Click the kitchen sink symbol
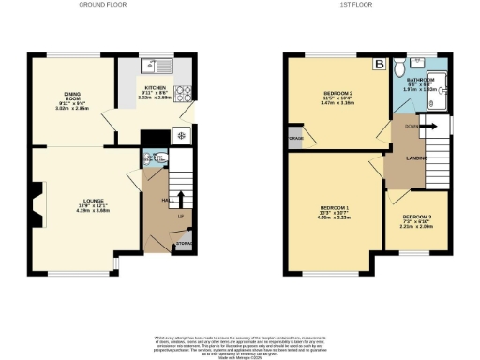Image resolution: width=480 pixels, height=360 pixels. [149, 67]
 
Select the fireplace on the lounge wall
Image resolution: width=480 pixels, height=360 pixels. [35, 202]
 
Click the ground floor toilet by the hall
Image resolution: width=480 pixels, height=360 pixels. [152, 158]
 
